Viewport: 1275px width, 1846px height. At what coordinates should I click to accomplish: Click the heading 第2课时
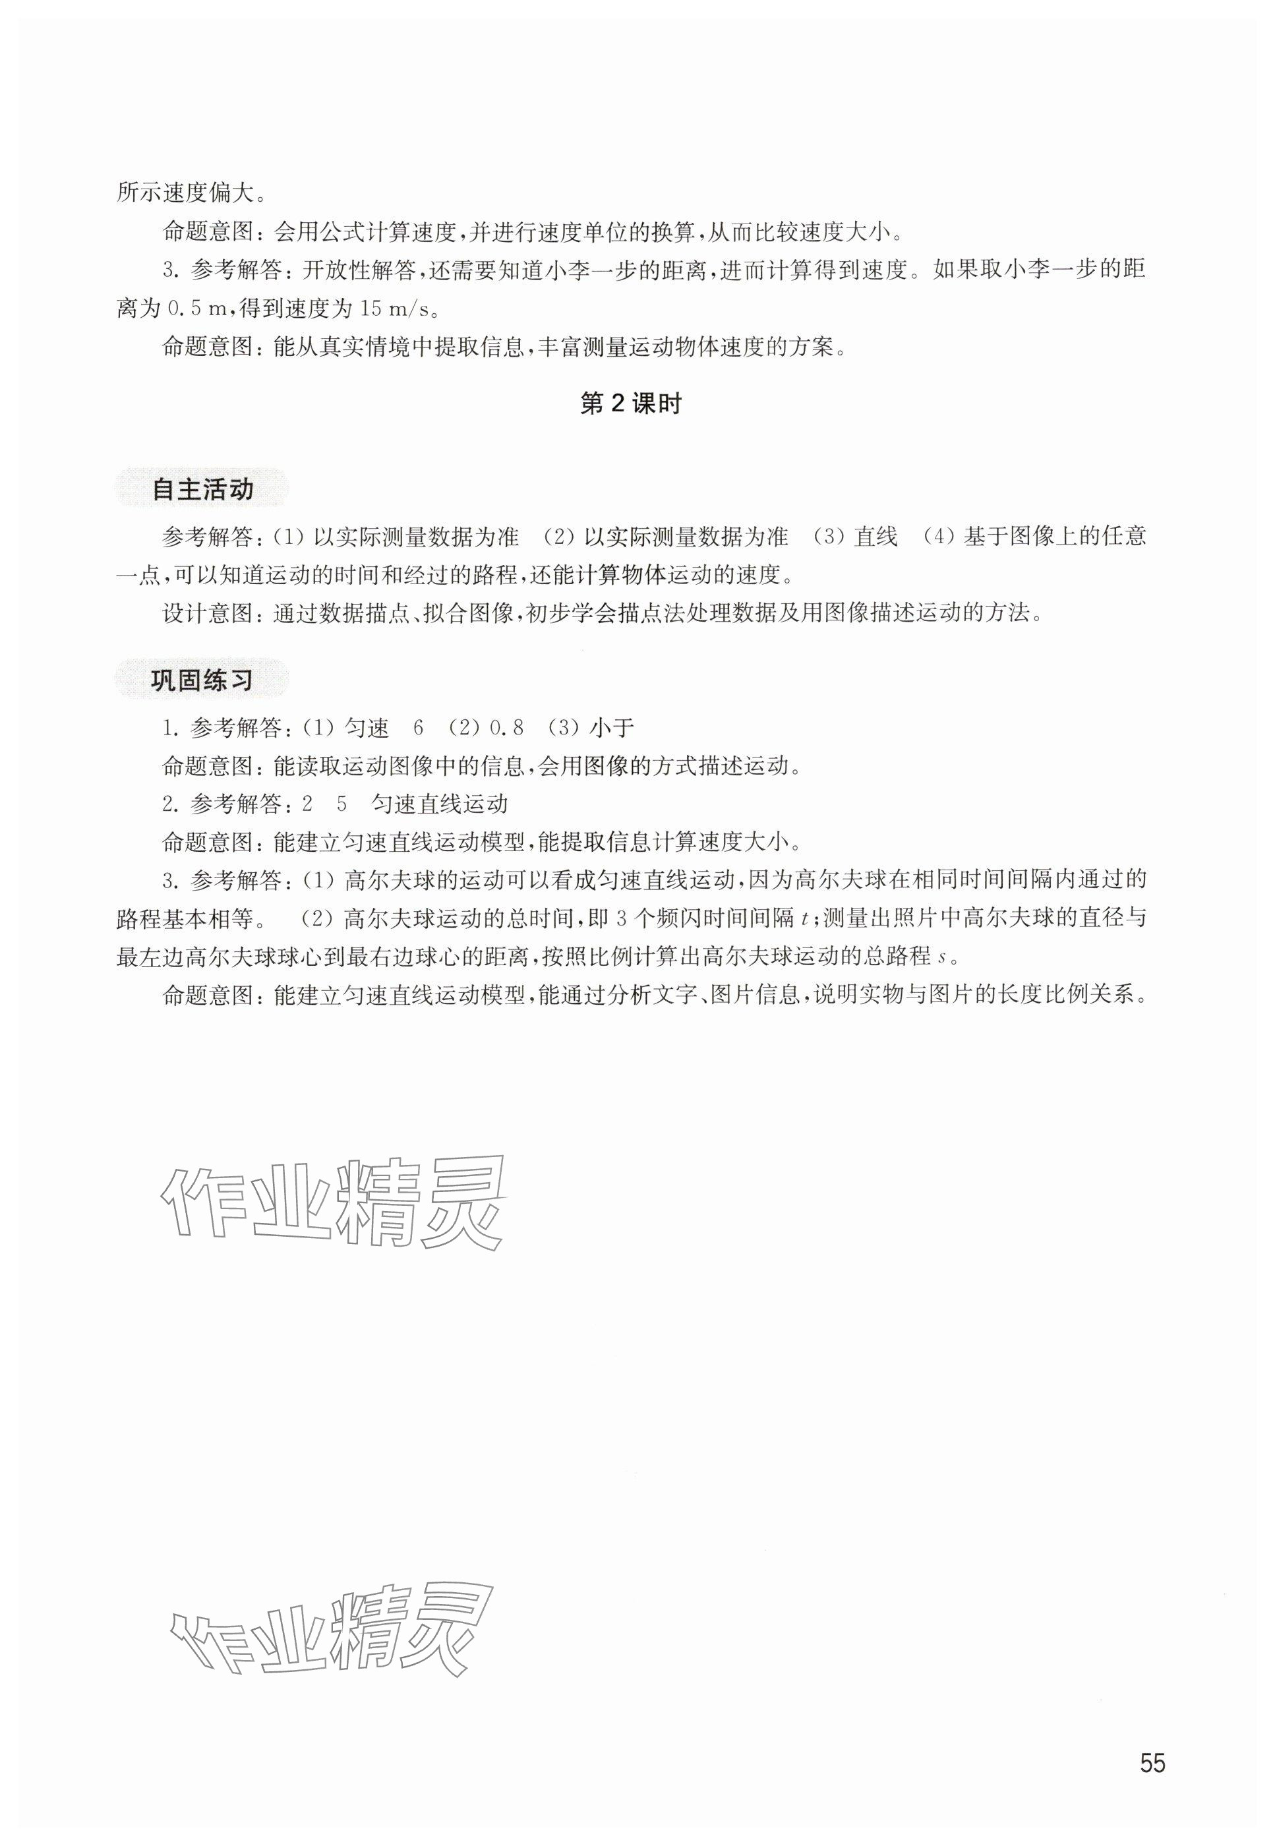[630, 404]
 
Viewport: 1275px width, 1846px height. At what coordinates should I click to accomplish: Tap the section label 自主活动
[203, 490]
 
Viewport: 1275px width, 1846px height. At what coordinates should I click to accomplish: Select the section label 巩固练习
[203, 680]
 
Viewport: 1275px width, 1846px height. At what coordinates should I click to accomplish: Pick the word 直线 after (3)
[875, 536]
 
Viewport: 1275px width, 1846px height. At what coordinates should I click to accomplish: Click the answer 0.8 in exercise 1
[506, 728]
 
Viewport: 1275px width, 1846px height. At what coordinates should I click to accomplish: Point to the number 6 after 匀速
[418, 728]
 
